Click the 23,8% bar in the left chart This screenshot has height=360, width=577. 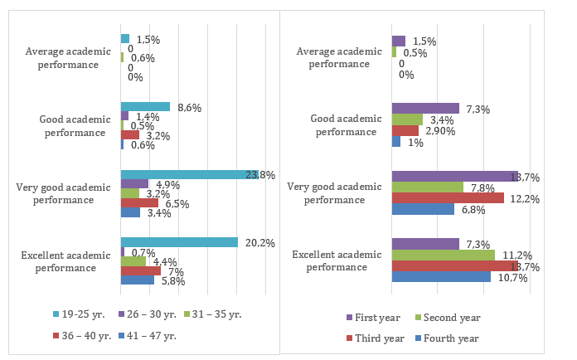tap(189, 174)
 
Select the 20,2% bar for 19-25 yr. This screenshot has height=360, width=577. tap(179, 242)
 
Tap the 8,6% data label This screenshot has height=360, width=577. tap(188, 107)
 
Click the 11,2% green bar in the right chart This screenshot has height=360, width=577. tap(443, 255)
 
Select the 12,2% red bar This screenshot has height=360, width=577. tap(448, 198)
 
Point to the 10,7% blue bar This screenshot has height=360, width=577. tap(441, 276)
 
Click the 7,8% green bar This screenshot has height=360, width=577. tap(427, 187)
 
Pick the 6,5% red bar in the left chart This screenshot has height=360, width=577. tap(139, 202)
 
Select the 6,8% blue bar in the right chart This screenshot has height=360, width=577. tap(423, 209)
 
